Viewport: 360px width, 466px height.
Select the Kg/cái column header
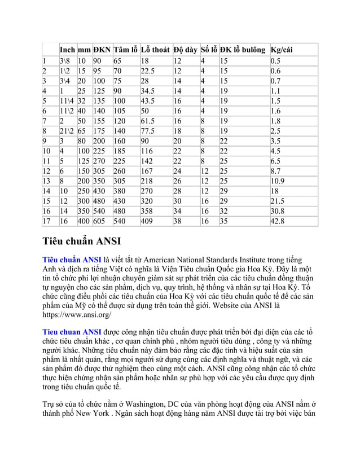[282, 49]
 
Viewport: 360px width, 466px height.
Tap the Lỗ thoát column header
[155, 49]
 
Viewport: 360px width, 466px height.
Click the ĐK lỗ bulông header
[243, 49]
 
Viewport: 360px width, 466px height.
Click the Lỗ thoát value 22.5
[148, 71]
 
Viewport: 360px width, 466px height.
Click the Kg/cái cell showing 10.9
[278, 181]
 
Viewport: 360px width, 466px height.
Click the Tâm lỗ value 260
[120, 170]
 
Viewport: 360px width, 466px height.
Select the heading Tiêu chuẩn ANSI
[82, 242]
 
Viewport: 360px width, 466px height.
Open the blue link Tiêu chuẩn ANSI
[72, 260]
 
